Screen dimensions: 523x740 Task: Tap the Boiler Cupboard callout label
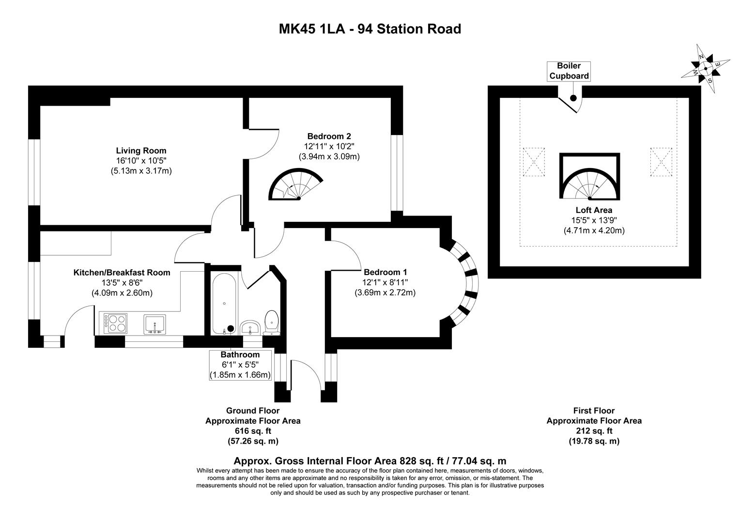pyautogui.click(x=569, y=71)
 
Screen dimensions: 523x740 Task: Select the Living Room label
pyautogui.click(x=141, y=151)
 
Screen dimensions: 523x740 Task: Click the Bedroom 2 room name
pyautogui.click(x=329, y=136)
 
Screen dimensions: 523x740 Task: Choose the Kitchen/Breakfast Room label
pyautogui.click(x=122, y=273)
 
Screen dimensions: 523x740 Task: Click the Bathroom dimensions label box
pyautogui.click(x=240, y=365)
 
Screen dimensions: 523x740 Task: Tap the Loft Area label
pyautogui.click(x=594, y=210)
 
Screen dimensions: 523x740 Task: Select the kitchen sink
pyautogui.click(x=154, y=323)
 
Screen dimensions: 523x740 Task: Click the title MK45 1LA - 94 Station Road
pyautogui.click(x=370, y=29)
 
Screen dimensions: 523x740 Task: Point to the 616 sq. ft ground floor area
pyautogui.click(x=253, y=431)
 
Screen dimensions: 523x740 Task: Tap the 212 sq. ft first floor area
pyautogui.click(x=594, y=431)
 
